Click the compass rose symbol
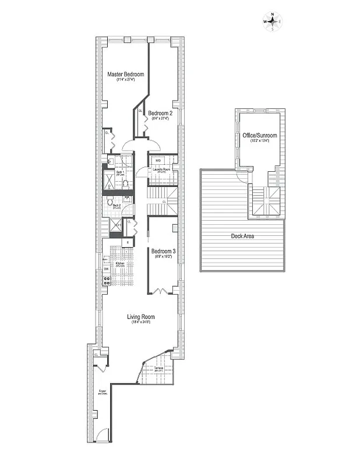tap(272, 22)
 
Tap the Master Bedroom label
tap(125, 75)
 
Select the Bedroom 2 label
tap(160, 112)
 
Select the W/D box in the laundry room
tap(158, 160)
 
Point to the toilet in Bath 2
tap(109, 200)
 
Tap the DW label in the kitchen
tap(106, 269)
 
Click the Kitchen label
tap(121, 264)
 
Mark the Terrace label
tap(158, 369)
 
